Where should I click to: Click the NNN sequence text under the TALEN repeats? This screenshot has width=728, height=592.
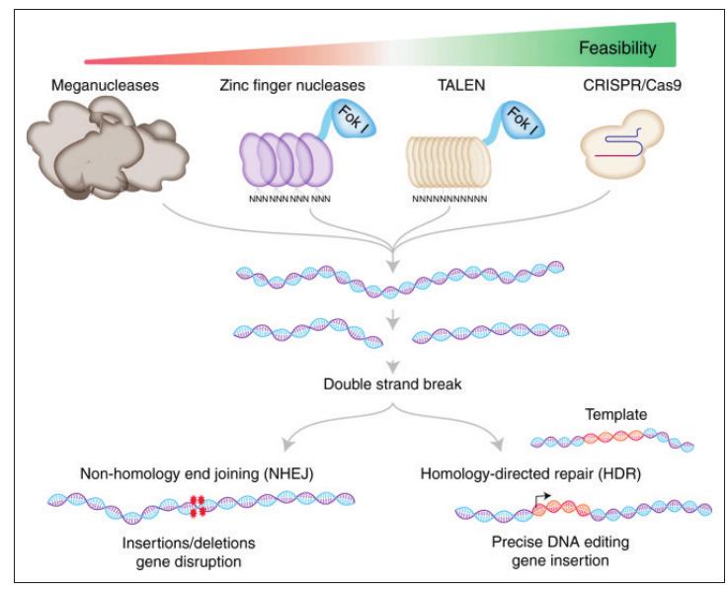[449, 201]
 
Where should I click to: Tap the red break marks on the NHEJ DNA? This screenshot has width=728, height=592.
[197, 506]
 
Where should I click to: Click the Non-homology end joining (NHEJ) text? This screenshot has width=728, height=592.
[198, 476]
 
